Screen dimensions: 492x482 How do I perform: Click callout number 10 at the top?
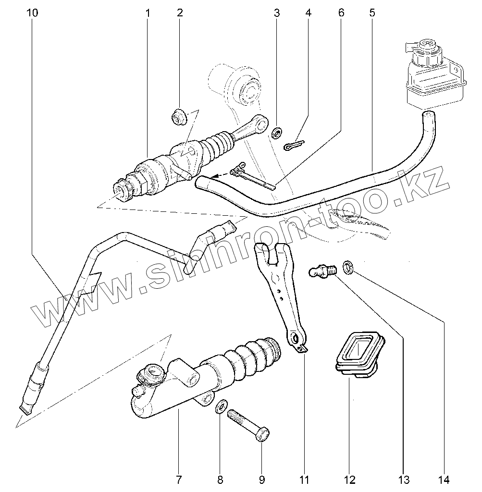[33, 13]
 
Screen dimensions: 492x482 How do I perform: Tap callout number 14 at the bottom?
[444, 479]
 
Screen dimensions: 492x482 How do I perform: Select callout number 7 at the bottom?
[178, 479]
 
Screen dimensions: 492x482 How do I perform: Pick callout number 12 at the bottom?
[349, 479]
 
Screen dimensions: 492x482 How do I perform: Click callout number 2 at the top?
[180, 13]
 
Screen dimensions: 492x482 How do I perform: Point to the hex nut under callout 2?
[179, 117]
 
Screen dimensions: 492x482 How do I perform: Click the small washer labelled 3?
[277, 133]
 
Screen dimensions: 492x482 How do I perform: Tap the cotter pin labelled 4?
[294, 145]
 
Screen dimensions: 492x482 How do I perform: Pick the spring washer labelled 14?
[348, 267]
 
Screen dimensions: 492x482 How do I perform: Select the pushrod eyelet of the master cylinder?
[262, 126]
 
